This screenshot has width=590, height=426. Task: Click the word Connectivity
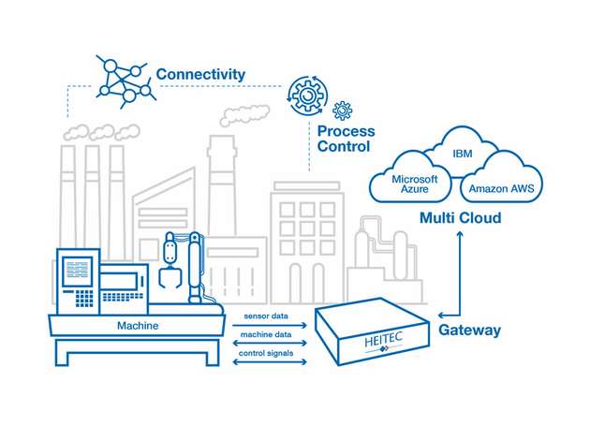tap(200, 73)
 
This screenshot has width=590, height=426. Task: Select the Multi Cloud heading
tap(460, 218)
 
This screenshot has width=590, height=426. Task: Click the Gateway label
tap(469, 330)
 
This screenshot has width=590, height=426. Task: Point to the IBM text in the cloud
tap(463, 153)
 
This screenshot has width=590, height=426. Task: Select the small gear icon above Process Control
tap(342, 110)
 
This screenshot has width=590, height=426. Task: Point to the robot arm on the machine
tap(183, 267)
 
